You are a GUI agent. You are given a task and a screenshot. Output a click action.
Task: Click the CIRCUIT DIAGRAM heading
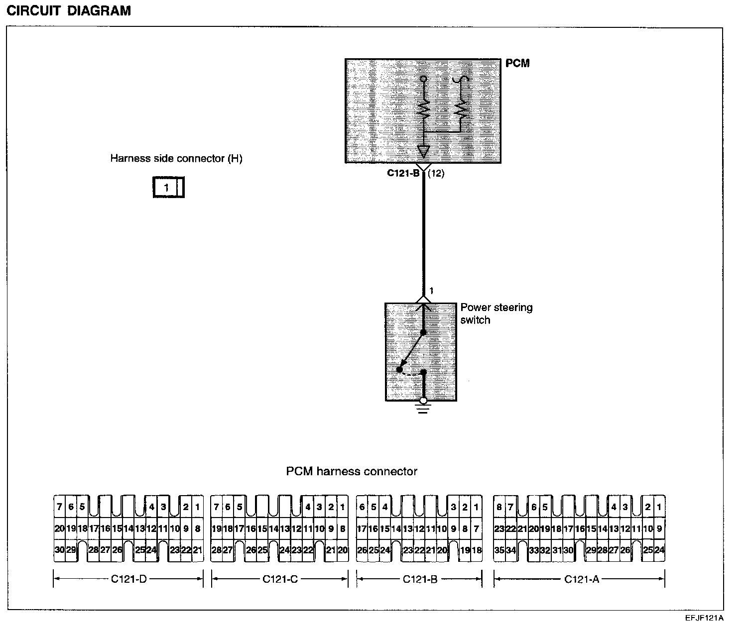[69, 10]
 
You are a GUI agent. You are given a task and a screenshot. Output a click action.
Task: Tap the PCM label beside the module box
[517, 63]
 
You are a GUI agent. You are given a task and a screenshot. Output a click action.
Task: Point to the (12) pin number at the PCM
[436, 174]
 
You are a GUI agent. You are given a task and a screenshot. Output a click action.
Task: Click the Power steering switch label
[496, 314]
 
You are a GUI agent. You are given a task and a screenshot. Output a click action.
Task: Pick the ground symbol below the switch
[423, 408]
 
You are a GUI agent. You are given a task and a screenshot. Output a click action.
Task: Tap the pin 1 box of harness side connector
[167, 188]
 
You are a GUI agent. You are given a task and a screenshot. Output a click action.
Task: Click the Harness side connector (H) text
[176, 158]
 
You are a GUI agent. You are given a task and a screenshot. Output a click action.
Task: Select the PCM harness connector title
[352, 471]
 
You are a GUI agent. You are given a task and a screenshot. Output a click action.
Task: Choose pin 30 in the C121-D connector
[59, 550]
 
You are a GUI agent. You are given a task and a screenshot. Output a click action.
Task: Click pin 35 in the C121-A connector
[499, 550]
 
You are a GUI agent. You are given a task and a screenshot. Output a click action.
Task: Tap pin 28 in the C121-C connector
[216, 550]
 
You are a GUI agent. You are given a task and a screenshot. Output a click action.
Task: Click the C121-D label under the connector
[128, 579]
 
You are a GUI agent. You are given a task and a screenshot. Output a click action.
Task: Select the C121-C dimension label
[280, 579]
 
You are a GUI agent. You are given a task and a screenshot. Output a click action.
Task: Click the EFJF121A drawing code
[704, 618]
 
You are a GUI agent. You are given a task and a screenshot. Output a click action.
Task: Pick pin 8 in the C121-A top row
[499, 507]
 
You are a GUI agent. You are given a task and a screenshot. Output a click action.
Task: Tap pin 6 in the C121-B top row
[362, 507]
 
